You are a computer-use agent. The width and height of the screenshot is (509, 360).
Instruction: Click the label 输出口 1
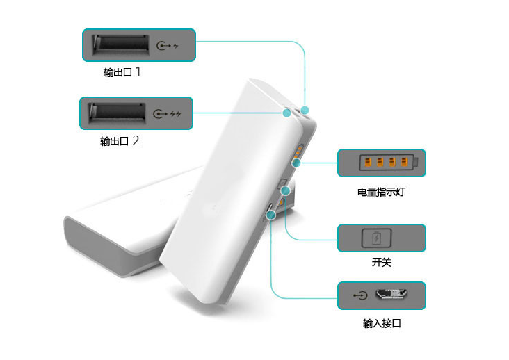tap(122, 72)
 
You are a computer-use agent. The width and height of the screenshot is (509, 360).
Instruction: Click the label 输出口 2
tap(120, 141)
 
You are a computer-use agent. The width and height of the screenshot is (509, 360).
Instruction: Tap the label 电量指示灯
tap(381, 192)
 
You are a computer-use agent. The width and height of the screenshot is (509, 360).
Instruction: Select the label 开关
tap(382, 262)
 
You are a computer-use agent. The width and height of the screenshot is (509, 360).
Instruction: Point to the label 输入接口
tap(382, 323)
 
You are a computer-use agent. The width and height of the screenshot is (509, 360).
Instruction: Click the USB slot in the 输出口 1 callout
tap(121, 45)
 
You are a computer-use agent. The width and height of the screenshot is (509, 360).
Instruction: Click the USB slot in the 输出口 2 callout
tap(118, 113)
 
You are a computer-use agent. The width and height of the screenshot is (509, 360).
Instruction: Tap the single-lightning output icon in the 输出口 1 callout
tap(167, 46)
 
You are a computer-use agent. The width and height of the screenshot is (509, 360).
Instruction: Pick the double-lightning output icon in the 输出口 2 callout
tap(167, 114)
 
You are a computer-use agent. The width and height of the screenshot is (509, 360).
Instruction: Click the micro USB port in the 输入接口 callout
tap(391, 294)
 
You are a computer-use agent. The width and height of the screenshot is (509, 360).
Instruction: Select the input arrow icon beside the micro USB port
tap(360, 295)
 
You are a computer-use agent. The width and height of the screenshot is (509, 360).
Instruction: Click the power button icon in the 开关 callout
tap(377, 238)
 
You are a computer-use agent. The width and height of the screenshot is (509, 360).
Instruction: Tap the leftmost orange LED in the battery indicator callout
tap(368, 161)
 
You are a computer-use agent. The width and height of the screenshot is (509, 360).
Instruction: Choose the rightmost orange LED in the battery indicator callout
tap(404, 161)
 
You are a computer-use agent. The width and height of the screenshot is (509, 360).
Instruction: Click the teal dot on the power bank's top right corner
tap(305, 111)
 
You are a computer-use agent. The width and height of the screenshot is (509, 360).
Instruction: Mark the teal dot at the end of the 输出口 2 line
tap(286, 113)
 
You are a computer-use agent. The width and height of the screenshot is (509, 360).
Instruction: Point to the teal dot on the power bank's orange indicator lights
tap(296, 163)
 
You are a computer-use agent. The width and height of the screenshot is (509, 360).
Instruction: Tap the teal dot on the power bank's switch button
tap(285, 190)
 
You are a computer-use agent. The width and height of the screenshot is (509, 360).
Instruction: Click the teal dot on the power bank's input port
tap(271, 215)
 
